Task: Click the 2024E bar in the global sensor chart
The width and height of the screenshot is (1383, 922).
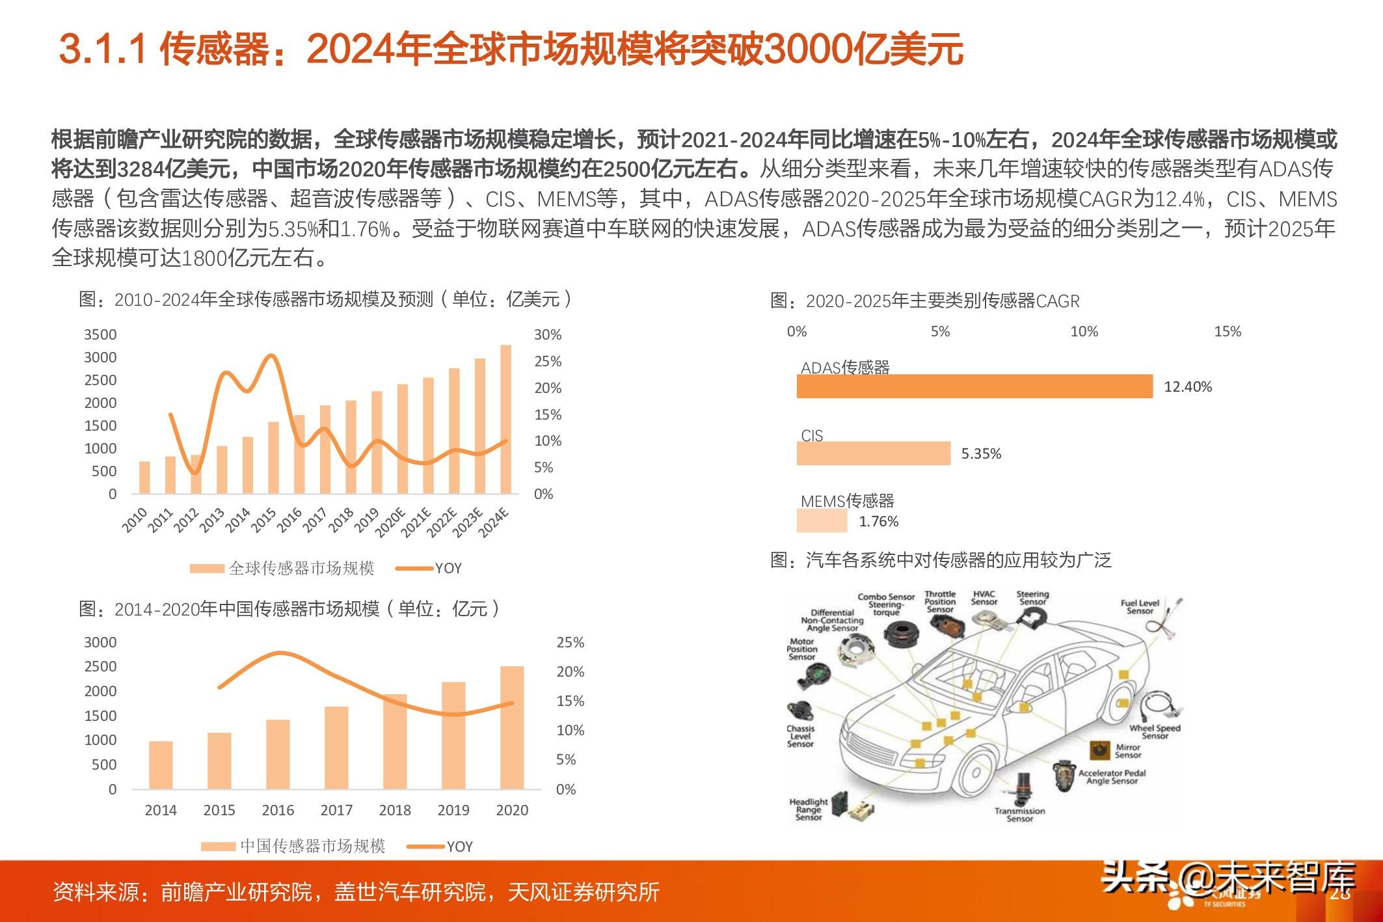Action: point(505,419)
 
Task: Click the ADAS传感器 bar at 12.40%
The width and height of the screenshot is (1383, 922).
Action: point(974,386)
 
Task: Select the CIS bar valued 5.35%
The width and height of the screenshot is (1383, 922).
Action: point(873,454)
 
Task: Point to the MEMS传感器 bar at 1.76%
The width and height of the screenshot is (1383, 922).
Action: point(822,521)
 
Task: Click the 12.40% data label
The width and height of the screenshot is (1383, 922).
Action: point(1187,387)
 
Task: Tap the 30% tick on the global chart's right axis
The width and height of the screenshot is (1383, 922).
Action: point(547,335)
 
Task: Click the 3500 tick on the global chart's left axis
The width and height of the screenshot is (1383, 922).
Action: point(100,335)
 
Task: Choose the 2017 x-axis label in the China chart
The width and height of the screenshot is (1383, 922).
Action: point(336,810)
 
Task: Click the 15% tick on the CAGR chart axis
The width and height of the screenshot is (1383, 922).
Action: point(1227,332)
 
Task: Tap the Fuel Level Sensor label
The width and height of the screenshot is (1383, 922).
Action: point(1140,607)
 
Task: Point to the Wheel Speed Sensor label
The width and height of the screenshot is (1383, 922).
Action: point(1155,732)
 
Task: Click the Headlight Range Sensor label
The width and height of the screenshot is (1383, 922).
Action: point(809,809)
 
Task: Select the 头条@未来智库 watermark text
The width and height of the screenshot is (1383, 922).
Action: point(1228,878)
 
